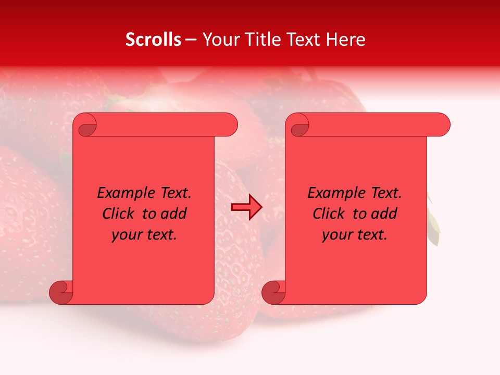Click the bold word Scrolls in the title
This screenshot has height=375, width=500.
coord(153,40)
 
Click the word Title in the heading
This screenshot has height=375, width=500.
coord(259,40)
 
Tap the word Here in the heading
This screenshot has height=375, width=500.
coord(345,40)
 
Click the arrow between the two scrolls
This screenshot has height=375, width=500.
coord(246,207)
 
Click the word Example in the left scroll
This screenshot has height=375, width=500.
coord(124,193)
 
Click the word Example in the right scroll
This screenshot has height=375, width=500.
coord(334,193)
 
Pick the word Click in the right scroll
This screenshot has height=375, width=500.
coord(329,214)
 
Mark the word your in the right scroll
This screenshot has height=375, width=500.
coord(335,235)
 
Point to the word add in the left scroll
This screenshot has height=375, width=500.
coord(173,214)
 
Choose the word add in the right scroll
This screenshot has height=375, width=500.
coord(384,214)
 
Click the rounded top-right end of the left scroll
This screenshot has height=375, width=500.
coord(230,124)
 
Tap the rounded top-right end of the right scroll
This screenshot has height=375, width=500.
coord(442,124)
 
